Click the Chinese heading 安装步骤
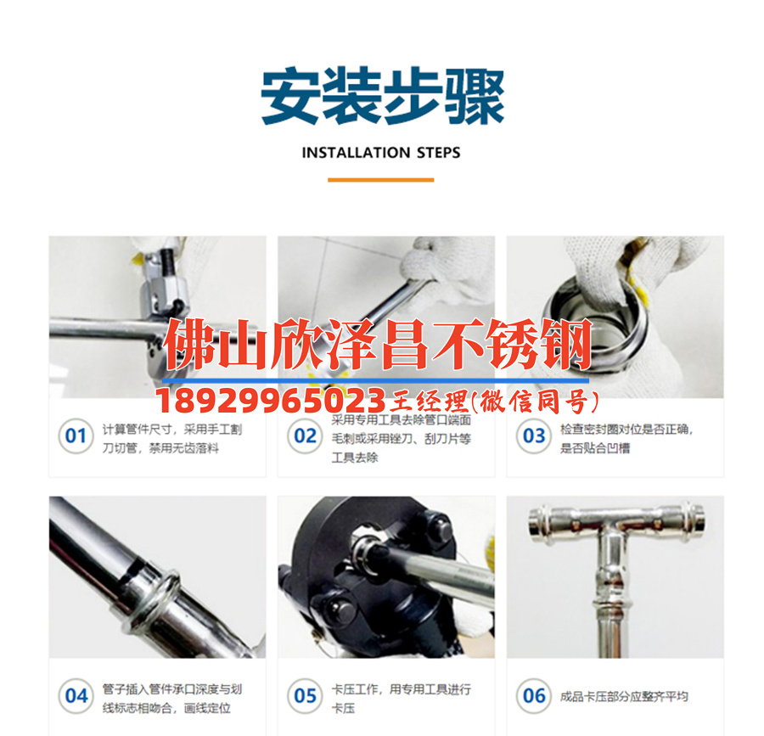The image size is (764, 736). click(382, 97)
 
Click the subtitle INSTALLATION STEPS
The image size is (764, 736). click(381, 153)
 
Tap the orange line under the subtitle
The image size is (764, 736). click(381, 180)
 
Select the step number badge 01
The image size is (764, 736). click(76, 436)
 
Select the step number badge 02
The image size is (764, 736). click(305, 436)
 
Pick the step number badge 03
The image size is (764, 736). click(534, 436)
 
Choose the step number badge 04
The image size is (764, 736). click(76, 696)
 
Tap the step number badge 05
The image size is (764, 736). click(305, 696)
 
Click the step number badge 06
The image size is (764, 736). click(534, 696)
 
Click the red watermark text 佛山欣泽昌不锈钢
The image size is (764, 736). click(378, 347)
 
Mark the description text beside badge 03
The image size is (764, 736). click(626, 438)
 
